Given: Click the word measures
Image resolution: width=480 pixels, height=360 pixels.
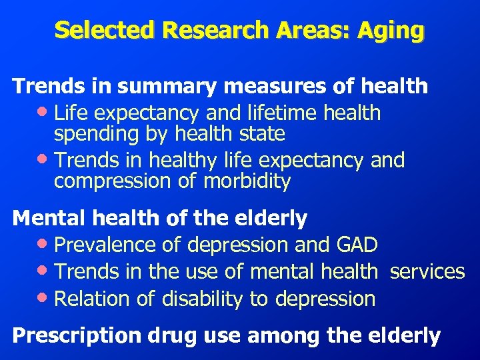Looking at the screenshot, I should (x=271, y=86).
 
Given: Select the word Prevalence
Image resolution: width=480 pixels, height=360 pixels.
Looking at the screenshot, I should (x=106, y=245).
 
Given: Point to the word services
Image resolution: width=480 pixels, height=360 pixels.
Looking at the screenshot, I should (x=427, y=271).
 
